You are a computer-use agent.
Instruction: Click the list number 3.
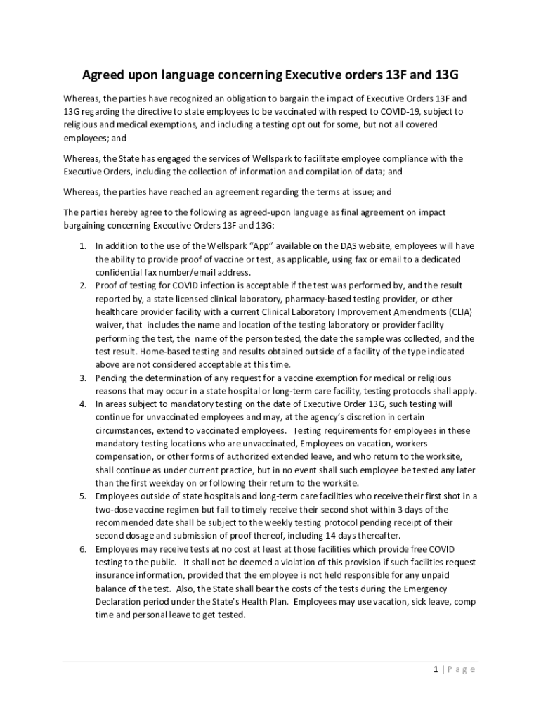pos(82,378)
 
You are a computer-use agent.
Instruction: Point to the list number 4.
pos(82,404)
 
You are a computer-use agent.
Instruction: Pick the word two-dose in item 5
pos(115,509)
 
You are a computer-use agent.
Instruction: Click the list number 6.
pos(82,549)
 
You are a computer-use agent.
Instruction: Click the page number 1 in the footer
pos(436,669)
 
